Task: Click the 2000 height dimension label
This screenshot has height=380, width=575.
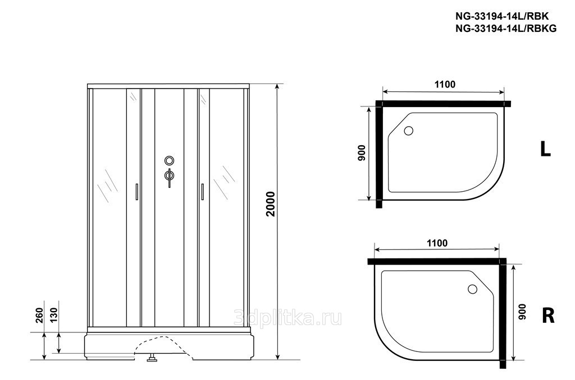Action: pos(270,204)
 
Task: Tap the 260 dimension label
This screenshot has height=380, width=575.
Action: pos(40,315)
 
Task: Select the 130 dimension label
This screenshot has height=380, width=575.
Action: pos(54,315)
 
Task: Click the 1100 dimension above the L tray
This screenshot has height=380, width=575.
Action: pos(445,85)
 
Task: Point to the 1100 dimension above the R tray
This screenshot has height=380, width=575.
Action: pos(437,243)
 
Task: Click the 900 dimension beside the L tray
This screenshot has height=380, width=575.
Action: pos(362,152)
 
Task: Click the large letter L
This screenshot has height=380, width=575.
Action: pos(546,149)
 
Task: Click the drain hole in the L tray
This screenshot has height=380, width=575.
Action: pos(408,131)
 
